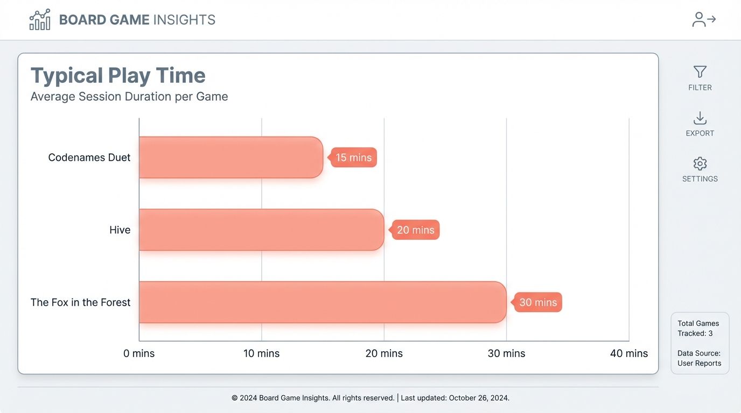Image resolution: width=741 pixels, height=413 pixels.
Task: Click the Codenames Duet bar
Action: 230,157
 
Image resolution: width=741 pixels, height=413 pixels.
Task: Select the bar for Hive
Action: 261,230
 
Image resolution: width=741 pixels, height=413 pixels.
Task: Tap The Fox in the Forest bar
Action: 322,302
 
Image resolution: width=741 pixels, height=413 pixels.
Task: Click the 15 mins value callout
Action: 354,158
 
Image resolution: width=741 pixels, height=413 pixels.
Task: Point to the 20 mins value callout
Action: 416,230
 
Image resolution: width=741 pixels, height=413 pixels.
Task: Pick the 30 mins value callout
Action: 538,302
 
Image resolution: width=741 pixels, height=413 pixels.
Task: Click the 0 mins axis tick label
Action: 139,353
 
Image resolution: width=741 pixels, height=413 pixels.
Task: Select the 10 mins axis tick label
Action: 262,353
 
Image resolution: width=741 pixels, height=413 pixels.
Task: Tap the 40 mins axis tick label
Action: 629,353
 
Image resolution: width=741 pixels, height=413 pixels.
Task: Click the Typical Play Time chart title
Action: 118,75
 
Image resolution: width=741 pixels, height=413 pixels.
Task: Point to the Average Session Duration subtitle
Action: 129,97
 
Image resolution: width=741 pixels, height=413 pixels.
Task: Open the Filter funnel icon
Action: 700,72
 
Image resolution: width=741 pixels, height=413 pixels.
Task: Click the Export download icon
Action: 700,118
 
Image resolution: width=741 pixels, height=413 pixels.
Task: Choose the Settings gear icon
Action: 700,163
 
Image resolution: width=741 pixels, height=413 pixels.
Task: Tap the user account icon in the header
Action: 703,20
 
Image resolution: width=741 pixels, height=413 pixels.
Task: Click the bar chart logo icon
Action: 40,20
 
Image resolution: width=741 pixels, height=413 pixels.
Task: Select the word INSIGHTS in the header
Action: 184,20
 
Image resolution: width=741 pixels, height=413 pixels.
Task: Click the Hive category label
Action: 120,230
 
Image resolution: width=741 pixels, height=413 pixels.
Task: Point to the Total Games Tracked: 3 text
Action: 698,328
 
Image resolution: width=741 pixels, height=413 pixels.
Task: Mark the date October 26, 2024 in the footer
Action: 478,398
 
